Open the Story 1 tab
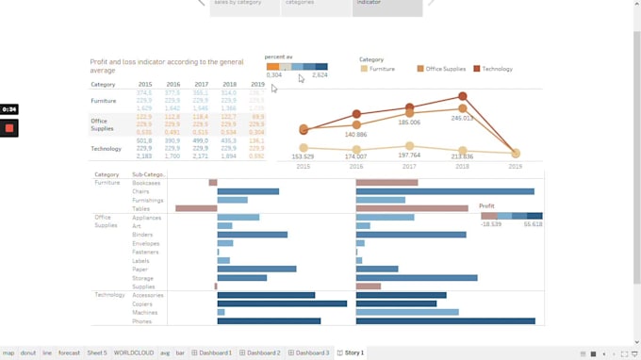(x=351, y=352)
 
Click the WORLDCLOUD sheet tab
(x=134, y=352)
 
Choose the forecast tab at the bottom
(x=69, y=352)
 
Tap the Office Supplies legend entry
(x=443, y=69)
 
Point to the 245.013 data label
(x=462, y=118)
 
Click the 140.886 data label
(x=355, y=135)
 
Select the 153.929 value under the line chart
(x=303, y=156)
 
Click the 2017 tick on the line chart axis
(x=409, y=166)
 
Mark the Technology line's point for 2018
(x=462, y=96)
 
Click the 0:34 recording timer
(x=9, y=109)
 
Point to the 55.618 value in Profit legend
(x=533, y=225)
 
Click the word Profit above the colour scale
(x=486, y=205)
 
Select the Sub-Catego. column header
(x=148, y=174)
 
